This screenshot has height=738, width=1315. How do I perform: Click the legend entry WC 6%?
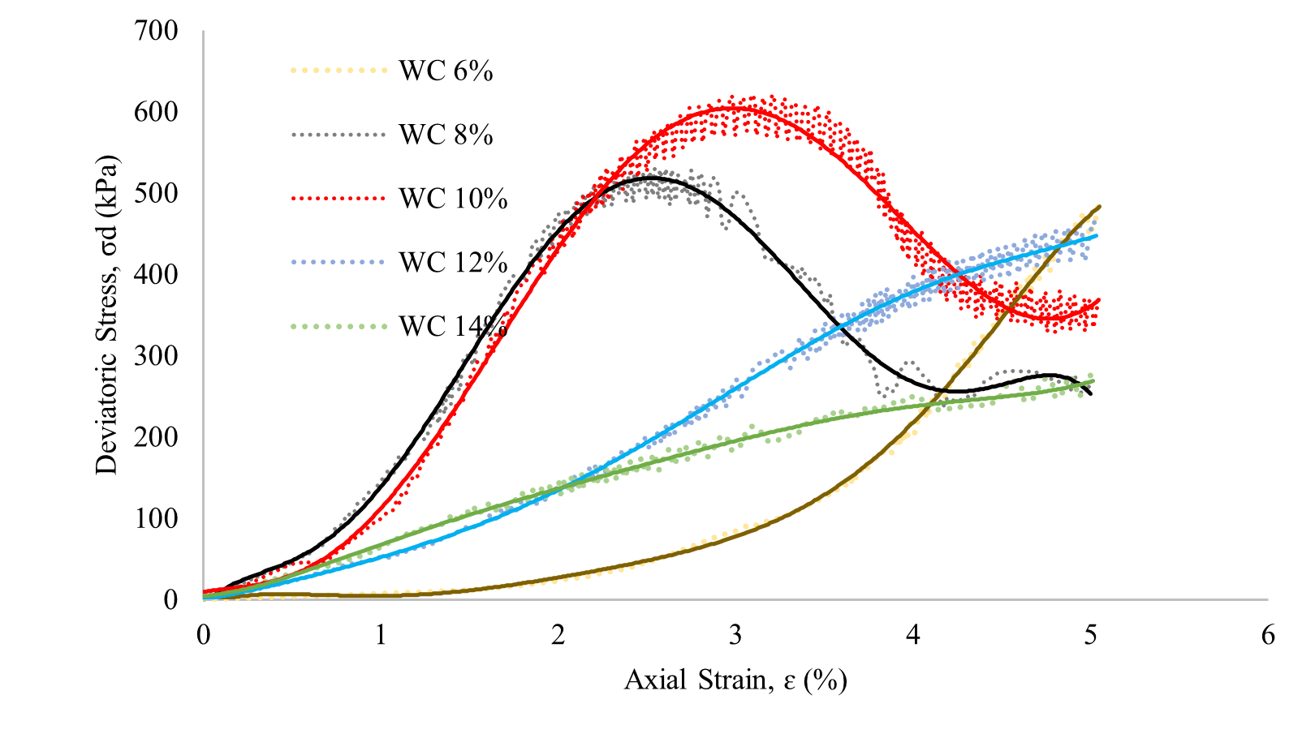point(446,71)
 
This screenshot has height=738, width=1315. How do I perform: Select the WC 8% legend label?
point(446,135)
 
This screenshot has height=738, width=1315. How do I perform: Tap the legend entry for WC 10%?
point(453,199)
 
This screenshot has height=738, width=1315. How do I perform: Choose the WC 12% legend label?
point(453,263)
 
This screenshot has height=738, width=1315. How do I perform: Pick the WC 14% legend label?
point(453,326)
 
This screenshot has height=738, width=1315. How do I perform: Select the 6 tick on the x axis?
point(1268,635)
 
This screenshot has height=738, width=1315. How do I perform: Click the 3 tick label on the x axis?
point(735,635)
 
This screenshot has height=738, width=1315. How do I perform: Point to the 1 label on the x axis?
point(381,635)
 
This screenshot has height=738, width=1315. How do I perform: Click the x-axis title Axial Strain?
point(735,680)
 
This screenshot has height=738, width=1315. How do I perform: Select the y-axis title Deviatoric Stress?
point(106,315)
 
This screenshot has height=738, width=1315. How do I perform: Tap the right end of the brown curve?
point(1100,206)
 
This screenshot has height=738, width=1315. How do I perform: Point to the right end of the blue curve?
point(1097,236)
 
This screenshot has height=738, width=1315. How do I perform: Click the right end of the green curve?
point(1093,380)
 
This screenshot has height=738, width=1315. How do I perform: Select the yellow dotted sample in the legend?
point(338,71)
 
